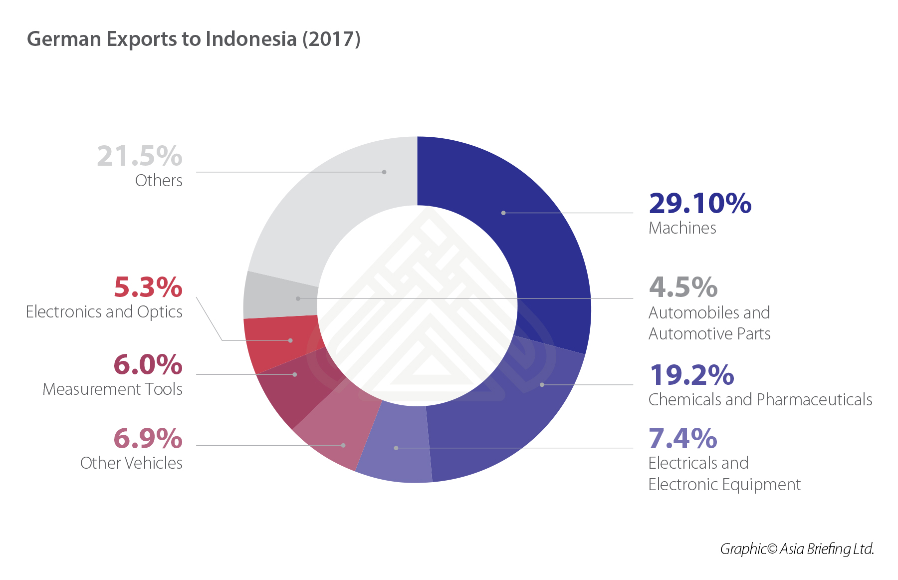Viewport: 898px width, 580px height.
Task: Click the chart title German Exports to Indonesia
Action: pyautogui.click(x=194, y=39)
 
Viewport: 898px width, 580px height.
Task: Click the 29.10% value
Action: pyautogui.click(x=700, y=203)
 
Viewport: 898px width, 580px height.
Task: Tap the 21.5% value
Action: pyautogui.click(x=140, y=156)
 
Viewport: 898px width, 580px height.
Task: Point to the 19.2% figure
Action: pyautogui.click(x=691, y=375)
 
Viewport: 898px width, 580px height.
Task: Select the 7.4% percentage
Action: pyautogui.click(x=682, y=438)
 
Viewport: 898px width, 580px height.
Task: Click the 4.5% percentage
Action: pyautogui.click(x=683, y=287)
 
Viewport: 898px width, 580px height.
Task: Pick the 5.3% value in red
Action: pyautogui.click(x=148, y=287)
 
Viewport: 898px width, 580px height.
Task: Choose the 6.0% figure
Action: pyautogui.click(x=148, y=364)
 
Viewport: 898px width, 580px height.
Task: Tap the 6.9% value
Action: pyautogui.click(x=148, y=438)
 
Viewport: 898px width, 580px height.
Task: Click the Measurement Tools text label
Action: pyautogui.click(x=113, y=389)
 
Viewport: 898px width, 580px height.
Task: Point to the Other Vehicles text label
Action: pyautogui.click(x=131, y=463)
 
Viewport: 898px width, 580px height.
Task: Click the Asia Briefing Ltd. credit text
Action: pyautogui.click(x=797, y=549)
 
